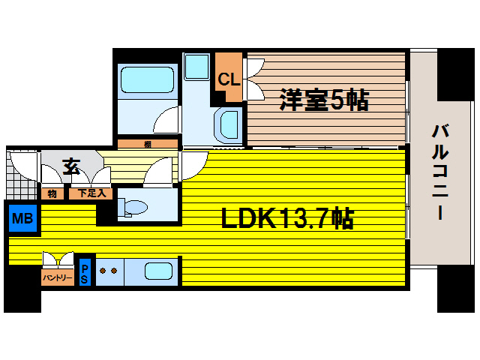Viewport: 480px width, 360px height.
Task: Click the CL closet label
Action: [x=229, y=77]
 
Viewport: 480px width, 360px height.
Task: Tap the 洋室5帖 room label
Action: [x=324, y=100]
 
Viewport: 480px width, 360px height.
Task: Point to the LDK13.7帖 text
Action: [x=287, y=219]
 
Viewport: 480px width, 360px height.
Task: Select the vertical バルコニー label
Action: [x=439, y=171]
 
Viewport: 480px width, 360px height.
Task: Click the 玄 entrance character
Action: [x=71, y=166]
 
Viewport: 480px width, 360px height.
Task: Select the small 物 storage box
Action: [x=52, y=193]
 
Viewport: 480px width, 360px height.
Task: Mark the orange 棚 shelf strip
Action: [x=148, y=144]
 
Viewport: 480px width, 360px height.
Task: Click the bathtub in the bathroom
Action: [x=147, y=79]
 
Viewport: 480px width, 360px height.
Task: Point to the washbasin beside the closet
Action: [x=228, y=124]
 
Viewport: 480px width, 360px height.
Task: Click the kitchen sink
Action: [x=159, y=271]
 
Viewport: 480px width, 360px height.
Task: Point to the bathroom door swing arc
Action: [x=166, y=120]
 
